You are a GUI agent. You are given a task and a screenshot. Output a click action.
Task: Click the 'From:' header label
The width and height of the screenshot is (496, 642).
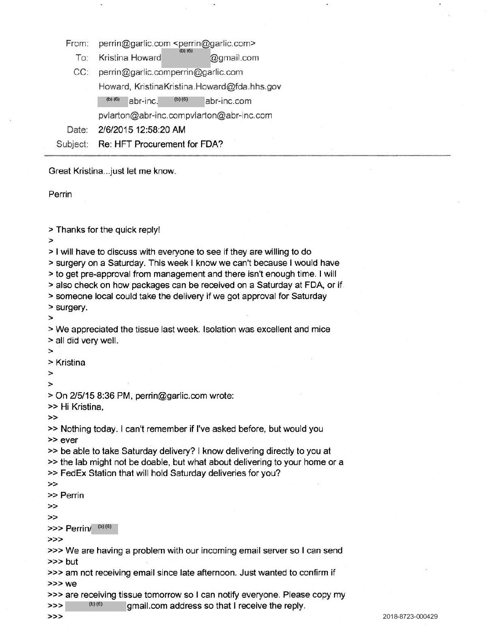77,43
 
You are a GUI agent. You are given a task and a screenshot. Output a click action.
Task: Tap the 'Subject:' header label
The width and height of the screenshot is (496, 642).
72,144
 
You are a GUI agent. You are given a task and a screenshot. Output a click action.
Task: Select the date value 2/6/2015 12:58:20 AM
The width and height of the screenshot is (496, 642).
142,129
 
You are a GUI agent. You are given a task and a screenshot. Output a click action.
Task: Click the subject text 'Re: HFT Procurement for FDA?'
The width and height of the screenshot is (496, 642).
160,144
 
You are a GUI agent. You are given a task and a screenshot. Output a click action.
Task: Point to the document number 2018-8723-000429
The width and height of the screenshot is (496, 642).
410,616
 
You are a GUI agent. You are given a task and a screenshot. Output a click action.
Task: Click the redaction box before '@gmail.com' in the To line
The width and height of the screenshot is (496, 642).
186,58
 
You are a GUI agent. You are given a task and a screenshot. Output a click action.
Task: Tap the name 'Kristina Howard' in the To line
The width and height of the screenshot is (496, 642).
130,58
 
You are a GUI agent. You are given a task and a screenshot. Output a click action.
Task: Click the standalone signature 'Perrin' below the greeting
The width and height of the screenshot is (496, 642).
60,194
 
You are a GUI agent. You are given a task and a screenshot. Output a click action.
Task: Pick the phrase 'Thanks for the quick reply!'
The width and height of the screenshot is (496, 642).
108,230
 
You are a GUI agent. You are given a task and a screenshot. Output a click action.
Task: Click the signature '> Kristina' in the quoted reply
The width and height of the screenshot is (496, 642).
70,362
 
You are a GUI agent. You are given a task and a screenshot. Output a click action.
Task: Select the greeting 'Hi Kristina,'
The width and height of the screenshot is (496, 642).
82,407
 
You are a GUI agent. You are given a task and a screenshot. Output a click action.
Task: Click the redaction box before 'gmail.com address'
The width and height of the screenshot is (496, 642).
95,606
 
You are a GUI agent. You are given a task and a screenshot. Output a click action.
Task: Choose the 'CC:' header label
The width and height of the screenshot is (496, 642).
81,72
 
